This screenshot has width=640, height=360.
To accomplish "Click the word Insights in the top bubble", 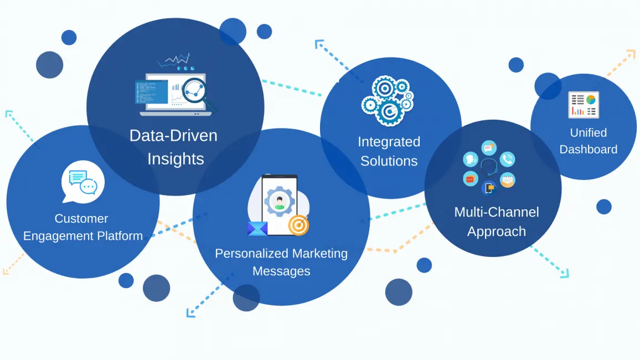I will point(176,159).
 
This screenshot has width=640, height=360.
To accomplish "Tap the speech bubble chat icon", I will point(83,182).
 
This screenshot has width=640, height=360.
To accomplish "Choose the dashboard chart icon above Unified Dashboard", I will point(584,105).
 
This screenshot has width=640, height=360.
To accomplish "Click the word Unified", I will point(589,133).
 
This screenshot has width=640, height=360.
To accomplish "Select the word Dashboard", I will point(589,150).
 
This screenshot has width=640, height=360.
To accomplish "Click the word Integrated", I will point(389,142).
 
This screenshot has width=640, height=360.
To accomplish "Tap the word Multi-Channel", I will point(497,212).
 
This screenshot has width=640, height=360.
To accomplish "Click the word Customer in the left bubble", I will point(81,219).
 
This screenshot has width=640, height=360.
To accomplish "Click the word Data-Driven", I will point(173,136).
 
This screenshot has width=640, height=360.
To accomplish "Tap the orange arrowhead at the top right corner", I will point(631,54).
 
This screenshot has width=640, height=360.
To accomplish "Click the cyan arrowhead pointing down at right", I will point(565,273).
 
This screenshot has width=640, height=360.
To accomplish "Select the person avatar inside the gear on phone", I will point(280,200).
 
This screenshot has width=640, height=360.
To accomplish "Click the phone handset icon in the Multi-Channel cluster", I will point(507,160).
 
